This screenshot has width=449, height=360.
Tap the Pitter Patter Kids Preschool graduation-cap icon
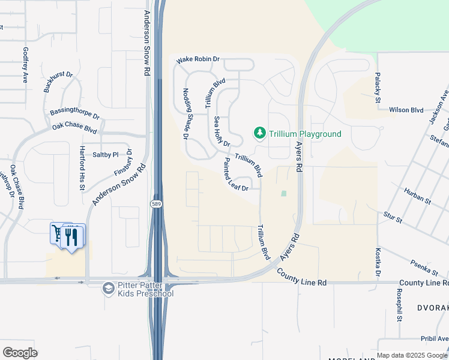click(x=108, y=289)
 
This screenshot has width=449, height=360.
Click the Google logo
click(x=20, y=352)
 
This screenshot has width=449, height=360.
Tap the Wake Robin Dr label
click(x=199, y=61)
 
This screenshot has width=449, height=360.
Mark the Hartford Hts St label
click(x=82, y=169)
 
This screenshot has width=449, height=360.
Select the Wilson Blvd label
click(x=406, y=110)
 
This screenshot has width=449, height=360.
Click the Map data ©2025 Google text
click(x=412, y=355)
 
